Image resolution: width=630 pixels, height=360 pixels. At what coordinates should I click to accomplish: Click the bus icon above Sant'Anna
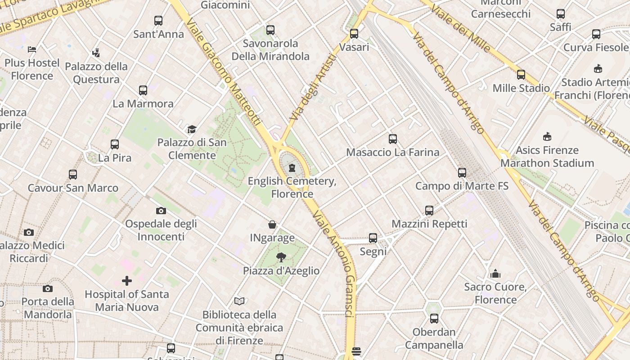pos(158,20)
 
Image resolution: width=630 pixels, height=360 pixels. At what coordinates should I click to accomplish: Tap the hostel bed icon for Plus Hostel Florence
pos(31,49)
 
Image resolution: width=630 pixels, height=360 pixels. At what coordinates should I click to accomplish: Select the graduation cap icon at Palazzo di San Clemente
pos(192,130)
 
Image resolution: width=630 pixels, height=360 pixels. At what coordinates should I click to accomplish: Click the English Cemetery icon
pos(292,168)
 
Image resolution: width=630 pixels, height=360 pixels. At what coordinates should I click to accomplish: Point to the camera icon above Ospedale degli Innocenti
pos(161,211)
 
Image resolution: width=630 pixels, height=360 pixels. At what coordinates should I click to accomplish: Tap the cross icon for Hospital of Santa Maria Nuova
pos(127,281)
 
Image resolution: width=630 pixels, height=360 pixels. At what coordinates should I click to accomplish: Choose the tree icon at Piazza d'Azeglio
pos(281,257)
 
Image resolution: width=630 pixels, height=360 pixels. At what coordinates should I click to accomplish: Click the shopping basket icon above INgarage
pos(272,225)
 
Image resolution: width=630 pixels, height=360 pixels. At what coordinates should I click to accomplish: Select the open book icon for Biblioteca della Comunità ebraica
pos(239,301)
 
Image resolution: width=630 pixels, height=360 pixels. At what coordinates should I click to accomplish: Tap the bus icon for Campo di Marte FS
pos(462,172)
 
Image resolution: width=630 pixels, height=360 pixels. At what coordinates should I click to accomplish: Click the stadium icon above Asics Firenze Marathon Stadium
pos(547,136)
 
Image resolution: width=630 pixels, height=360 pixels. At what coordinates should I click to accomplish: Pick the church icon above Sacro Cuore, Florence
pos(495,274)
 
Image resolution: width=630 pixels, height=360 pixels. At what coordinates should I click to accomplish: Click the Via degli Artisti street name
pos(313,88)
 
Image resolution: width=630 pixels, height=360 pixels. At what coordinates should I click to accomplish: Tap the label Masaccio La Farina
pos(392,152)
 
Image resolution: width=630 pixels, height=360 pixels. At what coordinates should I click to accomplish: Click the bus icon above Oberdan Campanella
pos(434,319)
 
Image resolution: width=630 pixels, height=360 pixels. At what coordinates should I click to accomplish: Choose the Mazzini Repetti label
pos(429,224)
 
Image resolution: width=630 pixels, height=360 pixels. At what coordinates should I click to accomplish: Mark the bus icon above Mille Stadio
pos(521,74)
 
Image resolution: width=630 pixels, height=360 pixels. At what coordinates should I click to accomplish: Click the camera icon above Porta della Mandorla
pos(48,288)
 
